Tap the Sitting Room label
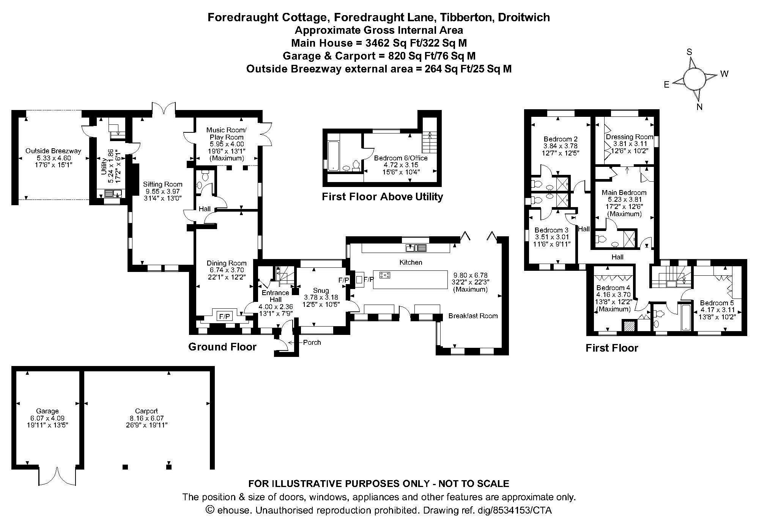(x=162, y=184)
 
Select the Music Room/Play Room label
(x=227, y=134)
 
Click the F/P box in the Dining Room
(x=225, y=316)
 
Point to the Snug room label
(x=321, y=291)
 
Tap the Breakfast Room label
(x=473, y=316)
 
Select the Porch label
(x=312, y=342)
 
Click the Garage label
(x=47, y=411)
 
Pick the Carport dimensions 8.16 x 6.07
(x=146, y=418)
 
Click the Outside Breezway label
(x=53, y=151)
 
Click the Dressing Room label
(x=629, y=137)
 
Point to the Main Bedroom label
(x=624, y=192)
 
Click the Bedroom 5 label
(x=716, y=303)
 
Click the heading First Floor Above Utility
(x=382, y=197)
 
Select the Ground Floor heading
(x=222, y=347)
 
